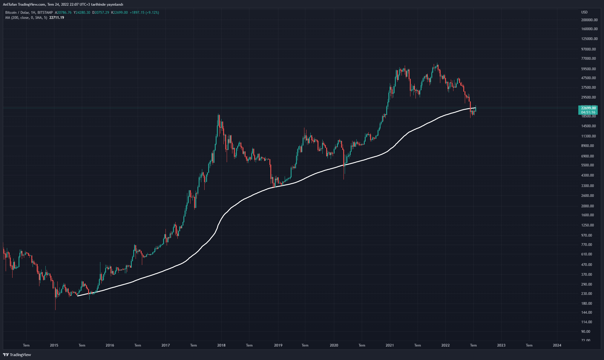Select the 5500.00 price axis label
(587, 165)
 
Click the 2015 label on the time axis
(54, 345)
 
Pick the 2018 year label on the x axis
(221, 345)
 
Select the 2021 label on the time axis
(390, 345)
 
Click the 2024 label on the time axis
(557, 345)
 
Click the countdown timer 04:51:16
(588, 112)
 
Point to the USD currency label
(584, 12)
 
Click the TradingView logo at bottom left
(17, 355)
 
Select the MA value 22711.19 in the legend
(56, 18)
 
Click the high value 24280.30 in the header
(83, 13)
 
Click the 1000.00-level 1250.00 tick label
(587, 225)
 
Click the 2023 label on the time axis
(501, 345)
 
